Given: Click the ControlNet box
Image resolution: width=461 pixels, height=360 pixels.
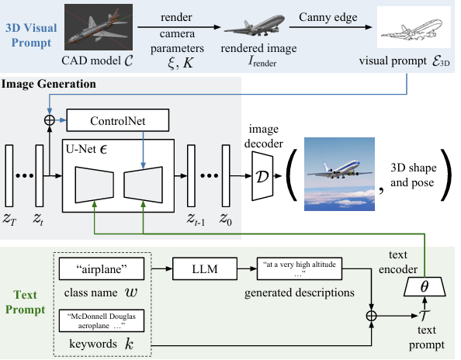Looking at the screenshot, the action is pyautogui.click(x=118, y=120).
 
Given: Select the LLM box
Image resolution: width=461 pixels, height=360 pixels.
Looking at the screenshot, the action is pyautogui.click(x=205, y=268).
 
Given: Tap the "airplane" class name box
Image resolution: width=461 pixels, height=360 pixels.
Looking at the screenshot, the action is pyautogui.click(x=102, y=268).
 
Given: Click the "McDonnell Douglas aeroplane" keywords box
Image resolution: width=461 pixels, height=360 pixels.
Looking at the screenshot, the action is pyautogui.click(x=102, y=320).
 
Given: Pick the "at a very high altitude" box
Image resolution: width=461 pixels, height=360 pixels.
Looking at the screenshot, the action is pyautogui.click(x=300, y=268).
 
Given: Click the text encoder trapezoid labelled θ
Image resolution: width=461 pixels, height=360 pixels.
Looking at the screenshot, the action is pyautogui.click(x=425, y=286).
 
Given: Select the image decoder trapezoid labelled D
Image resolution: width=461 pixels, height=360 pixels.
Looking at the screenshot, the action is pyautogui.click(x=262, y=176).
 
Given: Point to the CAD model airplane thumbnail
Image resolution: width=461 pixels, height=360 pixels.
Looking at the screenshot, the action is pyautogui.click(x=99, y=27).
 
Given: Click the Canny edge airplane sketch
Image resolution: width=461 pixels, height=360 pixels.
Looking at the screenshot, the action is pyautogui.click(x=414, y=27).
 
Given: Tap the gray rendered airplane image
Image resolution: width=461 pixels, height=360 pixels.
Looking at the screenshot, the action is pyautogui.click(x=255, y=26).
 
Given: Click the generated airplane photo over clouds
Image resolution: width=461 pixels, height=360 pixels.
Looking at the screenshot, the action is pyautogui.click(x=339, y=174).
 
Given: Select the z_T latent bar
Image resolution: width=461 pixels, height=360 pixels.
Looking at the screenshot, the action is pyautogui.click(x=9, y=176).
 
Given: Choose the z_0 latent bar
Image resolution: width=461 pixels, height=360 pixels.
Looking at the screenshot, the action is pyautogui.click(x=226, y=176).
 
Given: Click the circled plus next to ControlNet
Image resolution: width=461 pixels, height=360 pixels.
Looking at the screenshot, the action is pyautogui.click(x=50, y=120).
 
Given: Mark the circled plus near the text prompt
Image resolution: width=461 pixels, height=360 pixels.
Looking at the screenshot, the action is pyautogui.click(x=372, y=316).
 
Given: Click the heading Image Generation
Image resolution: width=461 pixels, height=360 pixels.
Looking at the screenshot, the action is pyautogui.click(x=49, y=84).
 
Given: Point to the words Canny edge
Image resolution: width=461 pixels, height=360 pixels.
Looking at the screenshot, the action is pyautogui.click(x=328, y=17).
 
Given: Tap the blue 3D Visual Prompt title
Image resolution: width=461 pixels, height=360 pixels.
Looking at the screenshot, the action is pyautogui.click(x=31, y=35).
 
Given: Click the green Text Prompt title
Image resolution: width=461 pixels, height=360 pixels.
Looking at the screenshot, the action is pyautogui.click(x=26, y=302).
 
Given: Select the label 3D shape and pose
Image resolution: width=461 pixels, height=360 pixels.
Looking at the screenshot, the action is pyautogui.click(x=414, y=175).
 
